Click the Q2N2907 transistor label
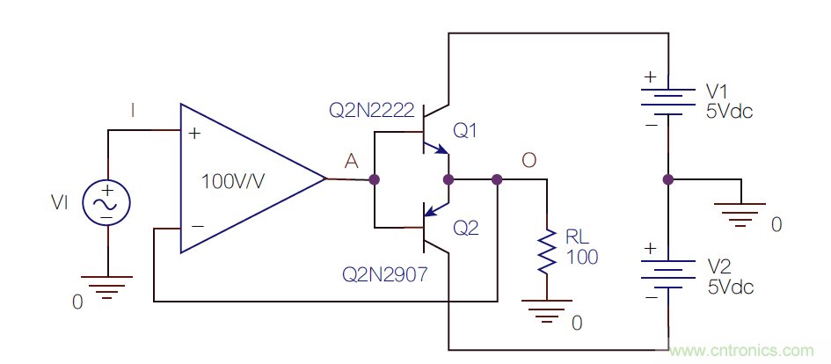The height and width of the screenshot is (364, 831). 385,275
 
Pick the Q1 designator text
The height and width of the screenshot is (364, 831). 465,131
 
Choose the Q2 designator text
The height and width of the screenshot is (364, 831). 466,229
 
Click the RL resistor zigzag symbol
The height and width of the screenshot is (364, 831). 547,251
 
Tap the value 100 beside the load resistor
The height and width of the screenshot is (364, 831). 581,258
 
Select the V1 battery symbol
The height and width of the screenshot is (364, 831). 667,101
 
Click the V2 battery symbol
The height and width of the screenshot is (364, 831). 667,274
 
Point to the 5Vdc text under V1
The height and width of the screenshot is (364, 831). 730,112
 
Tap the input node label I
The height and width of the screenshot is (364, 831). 133,110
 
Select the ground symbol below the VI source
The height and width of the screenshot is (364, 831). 106,286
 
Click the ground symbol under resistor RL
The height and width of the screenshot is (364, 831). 547,308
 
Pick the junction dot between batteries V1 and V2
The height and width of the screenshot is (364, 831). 667,179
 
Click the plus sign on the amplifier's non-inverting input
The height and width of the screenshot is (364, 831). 194,135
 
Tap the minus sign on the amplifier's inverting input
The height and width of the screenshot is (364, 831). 197,226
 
